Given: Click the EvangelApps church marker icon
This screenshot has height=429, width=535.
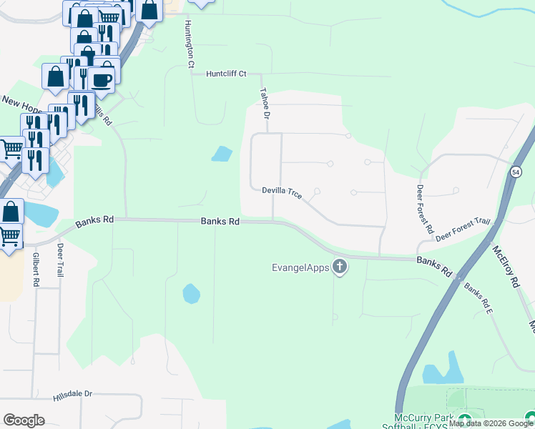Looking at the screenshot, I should pyautogui.click(x=340, y=268).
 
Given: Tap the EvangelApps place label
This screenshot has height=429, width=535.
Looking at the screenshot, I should pyautogui.click(x=300, y=268).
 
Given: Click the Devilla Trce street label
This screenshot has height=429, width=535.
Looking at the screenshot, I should pyautogui.click(x=282, y=192).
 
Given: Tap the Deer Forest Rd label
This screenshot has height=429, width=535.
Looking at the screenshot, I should pyautogui.click(x=424, y=209).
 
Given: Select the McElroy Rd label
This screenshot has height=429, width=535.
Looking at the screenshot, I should pyautogui.click(x=504, y=267).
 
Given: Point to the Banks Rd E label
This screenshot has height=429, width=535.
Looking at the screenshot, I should pyautogui.click(x=478, y=298).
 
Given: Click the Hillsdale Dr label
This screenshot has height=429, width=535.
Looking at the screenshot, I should pyautogui.click(x=73, y=394).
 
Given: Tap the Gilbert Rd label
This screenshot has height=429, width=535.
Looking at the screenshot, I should pyautogui.click(x=35, y=269).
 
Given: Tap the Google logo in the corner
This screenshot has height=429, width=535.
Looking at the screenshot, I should pyautogui.click(x=24, y=420).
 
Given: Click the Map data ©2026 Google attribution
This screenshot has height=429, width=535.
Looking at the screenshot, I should pyautogui.click(x=491, y=423).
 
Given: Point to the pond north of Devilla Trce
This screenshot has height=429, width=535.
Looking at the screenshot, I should pyautogui.click(x=222, y=153).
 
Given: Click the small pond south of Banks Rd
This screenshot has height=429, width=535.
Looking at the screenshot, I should pyautogui.click(x=191, y=293).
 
